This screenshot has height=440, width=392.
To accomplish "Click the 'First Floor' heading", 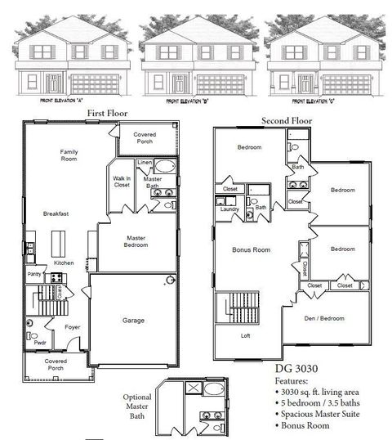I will (106, 114).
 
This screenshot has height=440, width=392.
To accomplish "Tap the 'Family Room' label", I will (69, 155).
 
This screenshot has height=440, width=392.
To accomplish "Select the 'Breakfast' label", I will (56, 213).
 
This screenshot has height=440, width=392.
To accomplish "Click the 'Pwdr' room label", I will (39, 343).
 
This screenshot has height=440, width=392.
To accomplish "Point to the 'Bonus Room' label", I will (252, 249).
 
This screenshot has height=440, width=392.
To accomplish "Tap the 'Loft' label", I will (245, 335).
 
